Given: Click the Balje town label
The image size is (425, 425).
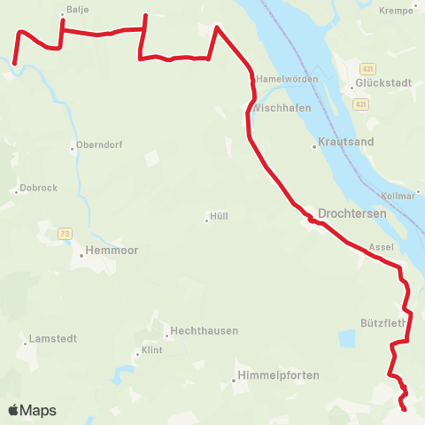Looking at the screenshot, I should coord(78,10).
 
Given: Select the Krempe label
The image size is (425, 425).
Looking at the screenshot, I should coord(396,11).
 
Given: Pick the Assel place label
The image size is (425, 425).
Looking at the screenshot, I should coord(381,247).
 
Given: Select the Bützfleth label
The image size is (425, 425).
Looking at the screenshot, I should coord(382,323).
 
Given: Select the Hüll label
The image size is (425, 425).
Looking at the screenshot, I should coord(219,215).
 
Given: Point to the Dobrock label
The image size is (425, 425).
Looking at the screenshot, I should coord(38,188).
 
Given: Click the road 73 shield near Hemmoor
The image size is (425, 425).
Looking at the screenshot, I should coord(65,233).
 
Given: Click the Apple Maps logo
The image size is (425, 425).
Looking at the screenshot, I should coord(32,410).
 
